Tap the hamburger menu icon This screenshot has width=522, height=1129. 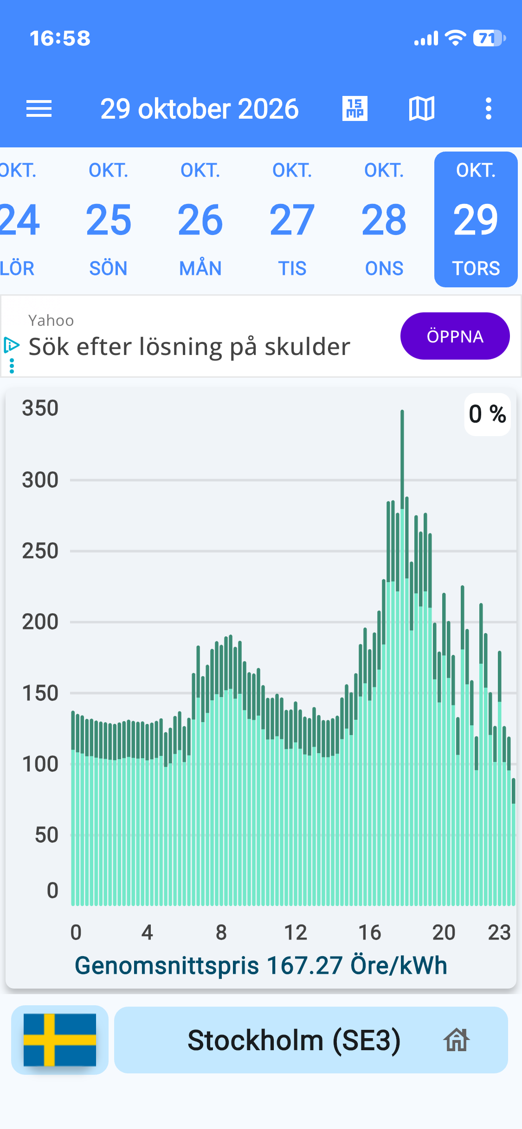pos(39,109)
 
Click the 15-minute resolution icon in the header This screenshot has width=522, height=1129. pos(355,109)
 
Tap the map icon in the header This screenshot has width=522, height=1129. pos(422,109)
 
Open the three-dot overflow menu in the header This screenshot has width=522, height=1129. pos(488,109)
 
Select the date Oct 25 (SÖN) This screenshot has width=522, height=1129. pos(109,220)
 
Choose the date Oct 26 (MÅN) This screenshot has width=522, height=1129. pos(200,220)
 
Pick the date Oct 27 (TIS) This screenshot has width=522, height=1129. pos(292,220)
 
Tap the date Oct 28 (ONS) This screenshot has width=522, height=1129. pos(384,220)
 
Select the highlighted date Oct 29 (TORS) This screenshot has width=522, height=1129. pos(476,220)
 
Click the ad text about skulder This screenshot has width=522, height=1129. pos(189,347)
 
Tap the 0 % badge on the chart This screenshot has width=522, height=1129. pos(488,414)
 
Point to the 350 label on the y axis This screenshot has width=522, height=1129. pos(40,408)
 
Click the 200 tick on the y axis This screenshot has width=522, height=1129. pos(40,622)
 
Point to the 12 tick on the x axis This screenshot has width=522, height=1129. pos(296,932)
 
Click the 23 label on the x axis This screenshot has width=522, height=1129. pos(499,932)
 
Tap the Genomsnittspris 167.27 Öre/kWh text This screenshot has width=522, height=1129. pos(261,966)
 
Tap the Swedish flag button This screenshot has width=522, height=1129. pos(60,1040)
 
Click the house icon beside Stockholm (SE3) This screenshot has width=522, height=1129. pos(457,1040)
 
